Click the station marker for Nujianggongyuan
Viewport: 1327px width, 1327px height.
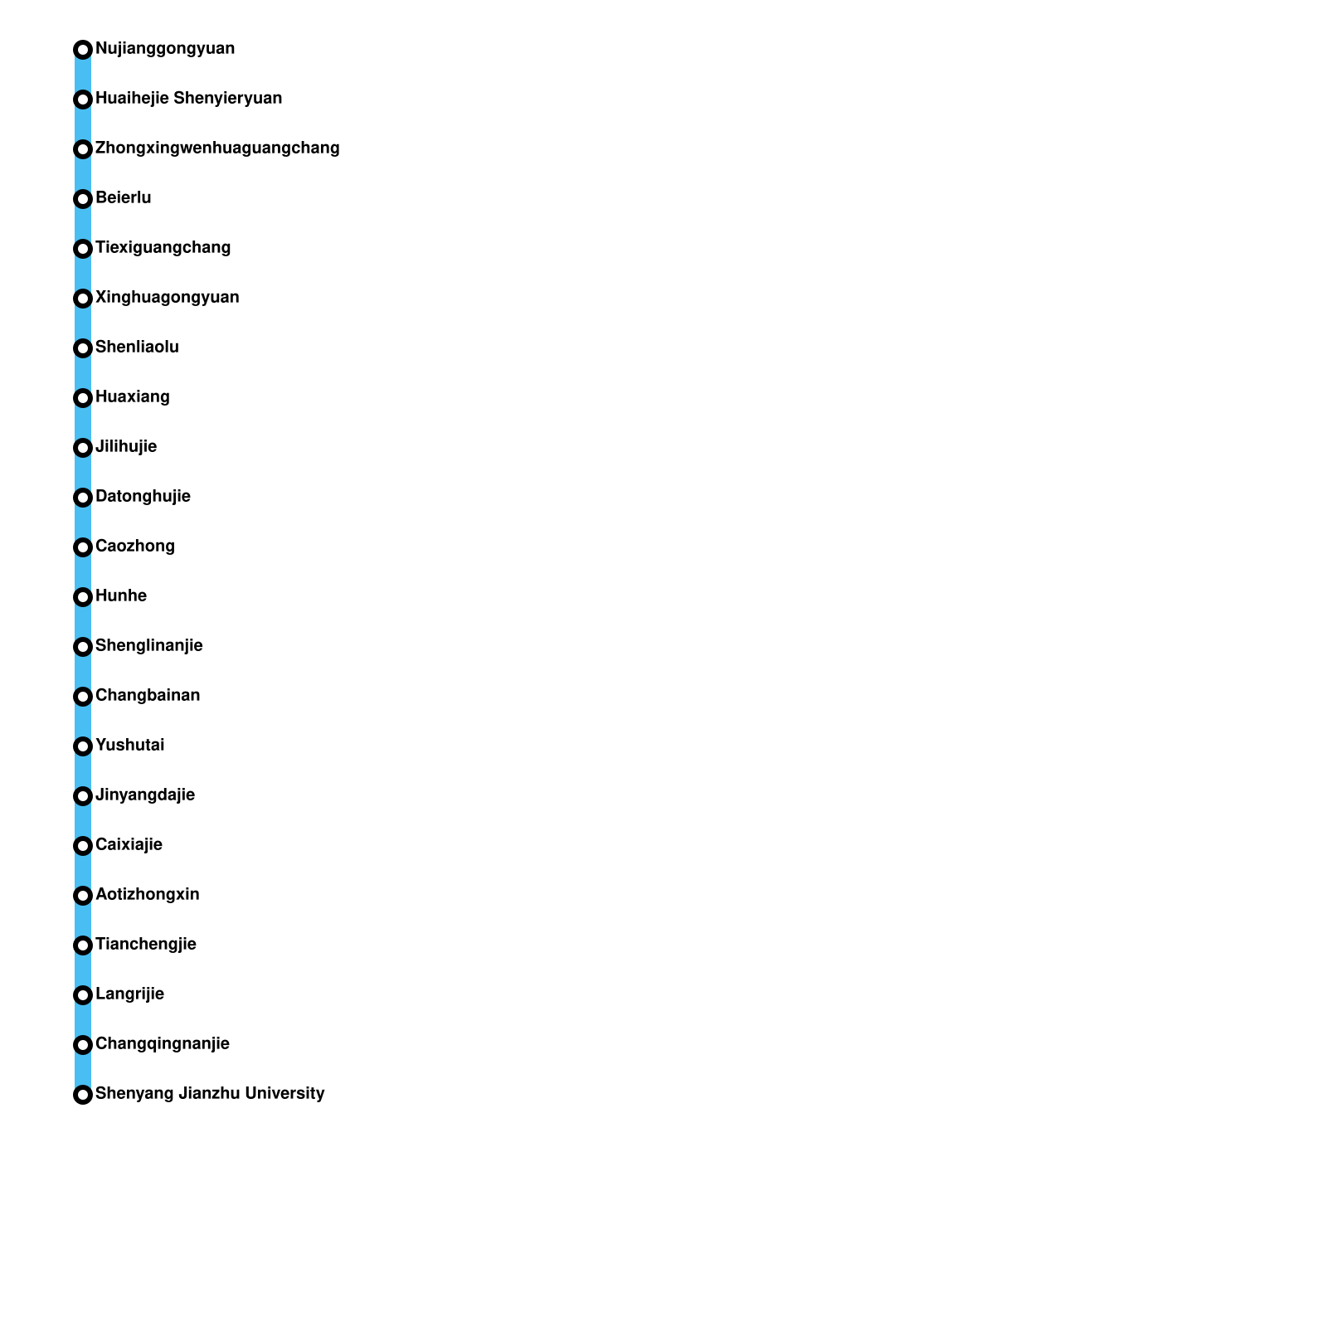click(x=83, y=50)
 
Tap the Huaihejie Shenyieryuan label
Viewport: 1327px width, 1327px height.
click(x=188, y=99)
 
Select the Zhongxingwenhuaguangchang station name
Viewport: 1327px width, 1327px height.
click(x=217, y=148)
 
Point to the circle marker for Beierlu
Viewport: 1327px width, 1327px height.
click(x=83, y=199)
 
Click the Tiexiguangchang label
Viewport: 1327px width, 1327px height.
click(x=163, y=248)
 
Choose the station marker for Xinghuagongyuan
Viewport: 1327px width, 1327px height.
click(x=83, y=299)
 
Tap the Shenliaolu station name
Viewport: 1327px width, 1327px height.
click(x=137, y=348)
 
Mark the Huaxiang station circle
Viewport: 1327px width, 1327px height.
click(x=83, y=398)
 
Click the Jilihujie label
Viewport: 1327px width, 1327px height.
click(x=126, y=447)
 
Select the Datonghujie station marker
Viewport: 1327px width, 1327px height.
click(x=83, y=498)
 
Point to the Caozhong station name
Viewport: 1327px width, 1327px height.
click(x=135, y=547)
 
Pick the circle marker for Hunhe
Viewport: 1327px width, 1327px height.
click(x=83, y=597)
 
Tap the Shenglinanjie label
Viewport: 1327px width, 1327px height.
click(x=149, y=646)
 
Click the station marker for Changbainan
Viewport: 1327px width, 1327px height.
click(x=83, y=697)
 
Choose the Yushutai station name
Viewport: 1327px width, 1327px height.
click(x=130, y=746)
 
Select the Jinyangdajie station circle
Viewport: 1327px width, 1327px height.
click(x=83, y=796)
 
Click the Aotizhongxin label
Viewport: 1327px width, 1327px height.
click(x=148, y=895)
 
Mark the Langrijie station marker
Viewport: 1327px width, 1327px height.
click(x=83, y=995)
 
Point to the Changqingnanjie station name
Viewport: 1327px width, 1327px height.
click(x=163, y=1044)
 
